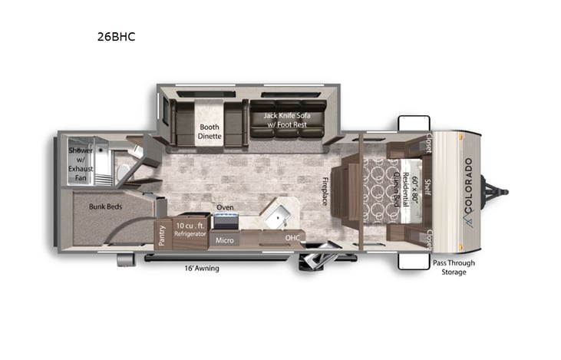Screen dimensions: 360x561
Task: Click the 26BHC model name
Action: [x=117, y=35]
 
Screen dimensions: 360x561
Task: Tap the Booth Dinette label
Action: [x=210, y=131]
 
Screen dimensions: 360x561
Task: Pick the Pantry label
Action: [x=163, y=235]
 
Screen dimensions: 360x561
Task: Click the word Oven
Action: [x=225, y=207]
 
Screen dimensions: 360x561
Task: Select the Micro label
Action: [x=224, y=240]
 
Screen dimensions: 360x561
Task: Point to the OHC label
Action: [x=292, y=238]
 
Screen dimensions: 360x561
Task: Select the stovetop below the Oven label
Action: [x=225, y=222]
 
